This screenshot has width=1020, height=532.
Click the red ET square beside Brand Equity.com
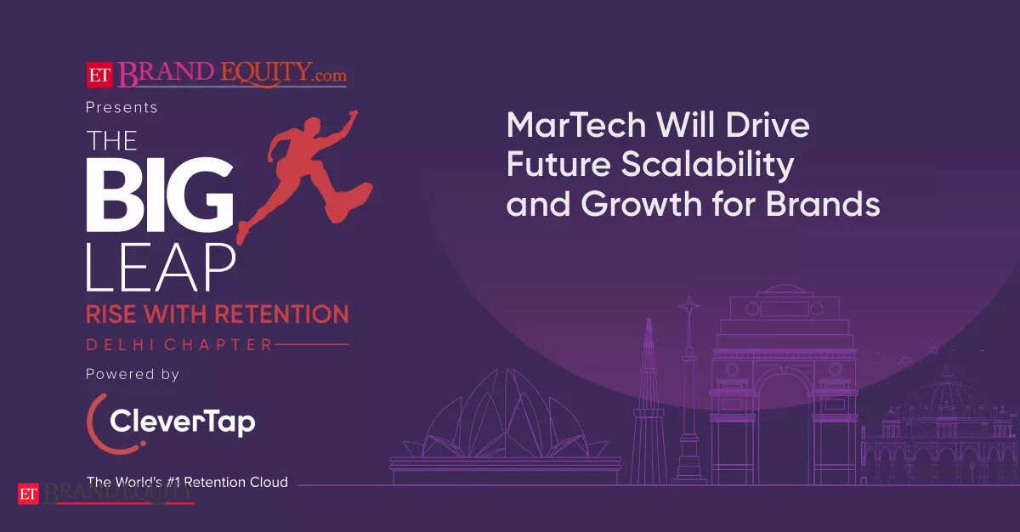(x=99, y=75)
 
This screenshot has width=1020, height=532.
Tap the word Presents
(x=122, y=107)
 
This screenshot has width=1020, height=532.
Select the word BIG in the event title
(x=160, y=195)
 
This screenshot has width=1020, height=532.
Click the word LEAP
(x=161, y=267)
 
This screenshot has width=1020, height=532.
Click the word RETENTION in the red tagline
(x=282, y=314)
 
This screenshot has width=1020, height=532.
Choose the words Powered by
(x=133, y=375)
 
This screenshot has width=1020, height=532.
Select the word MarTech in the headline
(x=576, y=125)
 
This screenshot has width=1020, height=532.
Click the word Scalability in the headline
(x=708, y=165)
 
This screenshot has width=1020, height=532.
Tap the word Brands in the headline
(x=823, y=204)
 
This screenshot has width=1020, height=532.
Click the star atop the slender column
(x=689, y=306)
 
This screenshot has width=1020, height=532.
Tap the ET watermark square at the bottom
(x=28, y=494)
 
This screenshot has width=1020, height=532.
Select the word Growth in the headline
(x=642, y=204)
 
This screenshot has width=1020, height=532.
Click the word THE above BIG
(x=112, y=140)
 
